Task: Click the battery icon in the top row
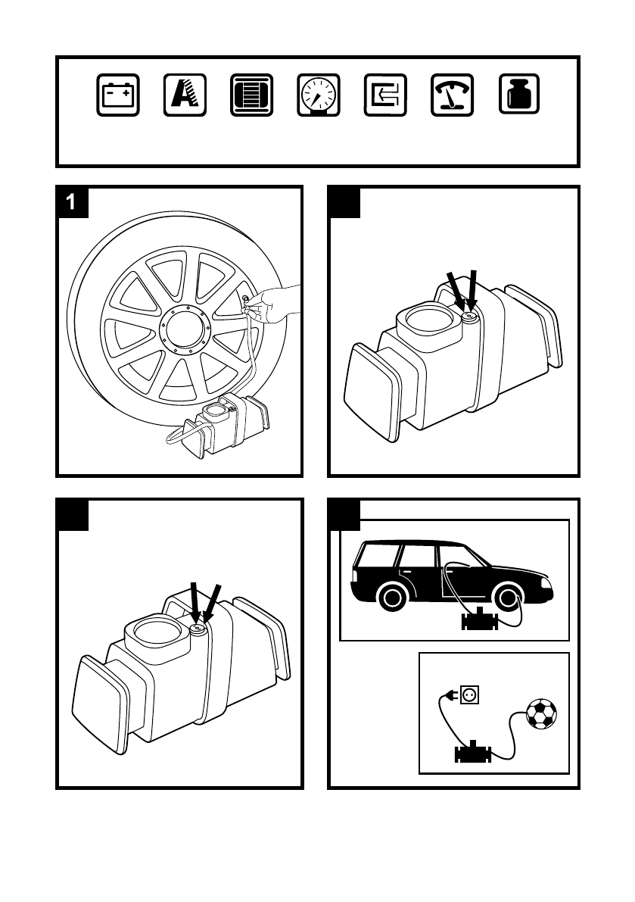click(x=117, y=95)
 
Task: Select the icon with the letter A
click(x=184, y=95)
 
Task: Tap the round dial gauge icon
click(x=318, y=95)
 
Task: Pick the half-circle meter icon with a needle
click(x=452, y=95)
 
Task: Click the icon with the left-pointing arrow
click(x=384, y=95)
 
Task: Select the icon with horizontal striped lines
click(x=251, y=95)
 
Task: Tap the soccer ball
click(x=541, y=713)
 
